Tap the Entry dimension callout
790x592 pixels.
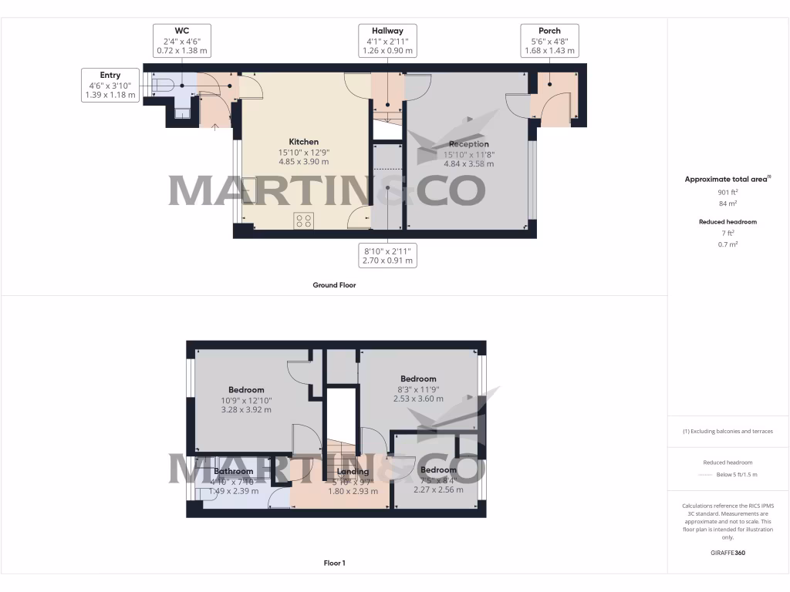point(110,85)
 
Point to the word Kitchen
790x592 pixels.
point(303,142)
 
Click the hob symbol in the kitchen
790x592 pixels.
point(304,221)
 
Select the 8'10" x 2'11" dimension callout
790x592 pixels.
point(387,256)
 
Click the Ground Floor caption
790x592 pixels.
point(334,285)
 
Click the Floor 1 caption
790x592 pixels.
point(334,563)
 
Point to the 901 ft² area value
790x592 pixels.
point(728,193)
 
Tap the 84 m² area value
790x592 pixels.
point(728,204)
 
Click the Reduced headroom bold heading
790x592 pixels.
point(728,222)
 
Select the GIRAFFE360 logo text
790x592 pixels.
point(728,553)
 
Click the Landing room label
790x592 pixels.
point(353,472)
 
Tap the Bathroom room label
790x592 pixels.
point(233,472)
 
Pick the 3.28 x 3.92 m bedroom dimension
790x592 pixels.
point(246,410)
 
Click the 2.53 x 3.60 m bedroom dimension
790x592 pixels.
point(418,399)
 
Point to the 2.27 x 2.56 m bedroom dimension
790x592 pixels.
point(437,489)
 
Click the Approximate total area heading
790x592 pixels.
point(727,179)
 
